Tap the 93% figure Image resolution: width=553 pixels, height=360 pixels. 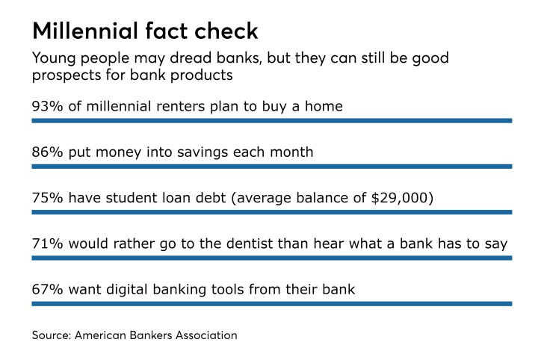pyautogui.click(x=47, y=106)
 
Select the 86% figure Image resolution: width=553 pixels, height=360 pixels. pyautogui.click(x=47, y=152)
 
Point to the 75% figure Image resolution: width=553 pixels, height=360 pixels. pyautogui.click(x=47, y=199)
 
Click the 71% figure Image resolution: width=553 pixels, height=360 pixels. pyautogui.click(x=47, y=244)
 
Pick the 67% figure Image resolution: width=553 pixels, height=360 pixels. pyautogui.click(x=47, y=290)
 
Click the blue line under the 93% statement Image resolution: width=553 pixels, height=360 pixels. pyautogui.click(x=271, y=120)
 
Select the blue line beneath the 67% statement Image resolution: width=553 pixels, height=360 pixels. pyautogui.click(x=271, y=304)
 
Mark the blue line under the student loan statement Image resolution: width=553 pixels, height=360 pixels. pyautogui.click(x=271, y=212)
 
